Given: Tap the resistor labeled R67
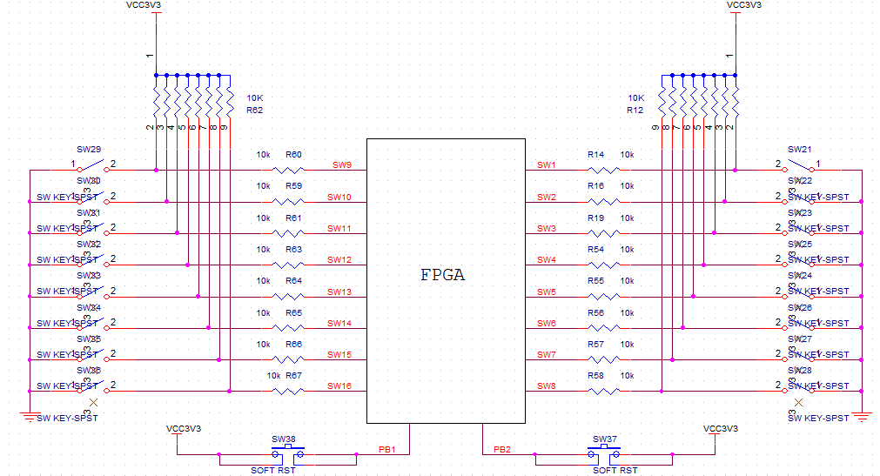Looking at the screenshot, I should [286, 391].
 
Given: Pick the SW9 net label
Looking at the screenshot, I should [341, 164].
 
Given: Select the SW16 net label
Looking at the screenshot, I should [339, 385].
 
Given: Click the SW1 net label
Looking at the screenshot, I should [546, 164].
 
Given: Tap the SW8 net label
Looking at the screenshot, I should [546, 385].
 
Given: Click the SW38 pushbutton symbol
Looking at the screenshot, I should [287, 453].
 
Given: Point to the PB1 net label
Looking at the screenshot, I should [387, 449].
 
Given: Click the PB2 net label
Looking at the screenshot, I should [502, 449].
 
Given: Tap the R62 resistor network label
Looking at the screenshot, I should [254, 111].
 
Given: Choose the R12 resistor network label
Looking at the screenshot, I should [635, 111].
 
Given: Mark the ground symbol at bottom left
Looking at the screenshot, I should [30, 415].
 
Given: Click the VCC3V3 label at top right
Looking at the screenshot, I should [744, 5].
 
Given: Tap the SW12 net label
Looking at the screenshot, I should [339, 259].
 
